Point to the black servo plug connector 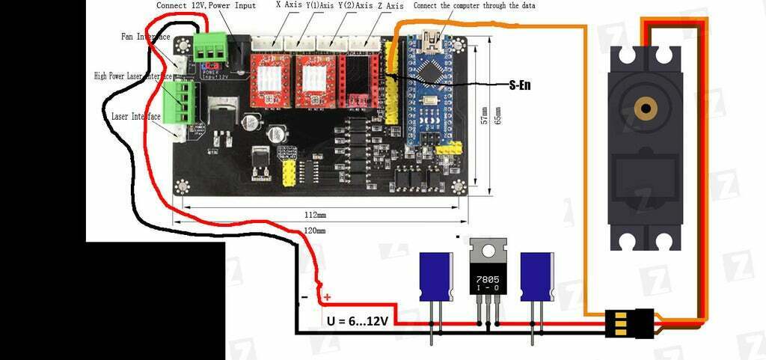click(x=628, y=323)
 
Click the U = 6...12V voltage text click(x=358, y=321)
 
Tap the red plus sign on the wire click(x=327, y=297)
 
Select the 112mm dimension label click(x=315, y=214)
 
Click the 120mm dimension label click(x=315, y=231)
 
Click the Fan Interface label click(x=145, y=36)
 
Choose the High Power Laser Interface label click(x=134, y=76)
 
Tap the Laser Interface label click(x=135, y=117)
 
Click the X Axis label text click(x=289, y=5)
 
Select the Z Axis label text click(x=388, y=5)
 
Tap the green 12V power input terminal click(x=211, y=47)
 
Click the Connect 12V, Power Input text click(x=206, y=5)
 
